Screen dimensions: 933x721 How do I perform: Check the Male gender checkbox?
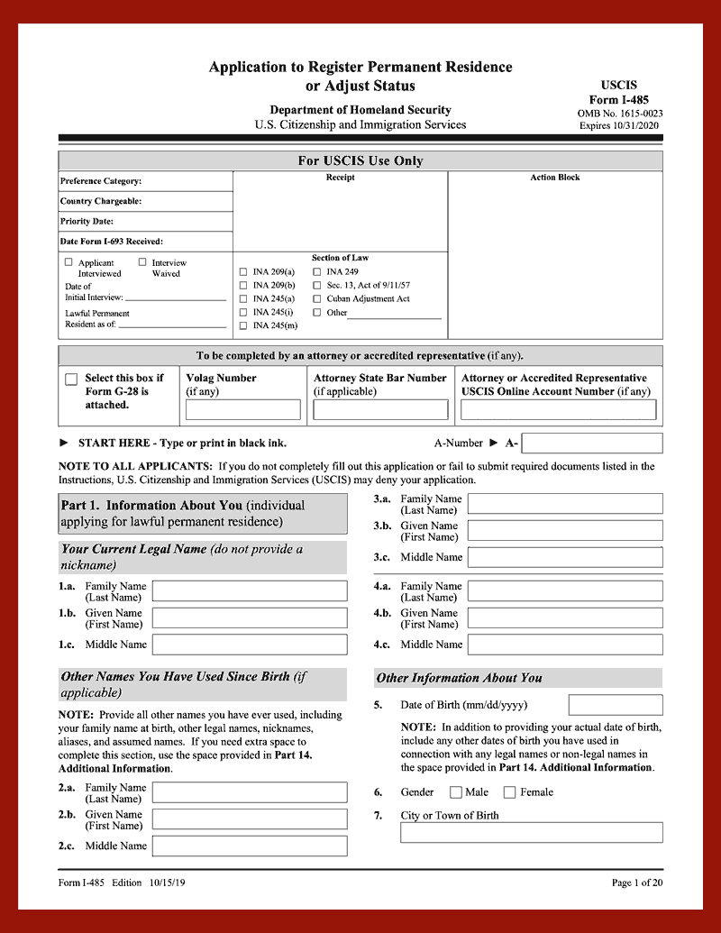coord(457,792)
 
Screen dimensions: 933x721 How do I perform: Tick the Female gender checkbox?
coord(509,792)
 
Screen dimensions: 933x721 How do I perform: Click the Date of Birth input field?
coord(616,705)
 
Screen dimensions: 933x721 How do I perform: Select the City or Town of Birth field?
coord(531,832)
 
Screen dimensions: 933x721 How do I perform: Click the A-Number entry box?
coord(591,444)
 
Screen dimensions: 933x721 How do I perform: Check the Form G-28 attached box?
coord(71,380)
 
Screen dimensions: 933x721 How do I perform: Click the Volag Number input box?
coord(242,410)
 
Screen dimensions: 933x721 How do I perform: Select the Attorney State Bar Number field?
coord(380,410)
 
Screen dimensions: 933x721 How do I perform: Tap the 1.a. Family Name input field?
coord(250,591)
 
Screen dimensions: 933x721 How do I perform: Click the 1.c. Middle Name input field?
coord(250,645)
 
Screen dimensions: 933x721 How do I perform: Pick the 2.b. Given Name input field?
coord(250,819)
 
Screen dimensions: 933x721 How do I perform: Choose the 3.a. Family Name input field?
coord(565,504)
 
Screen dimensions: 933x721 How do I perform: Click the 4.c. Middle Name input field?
coord(565,645)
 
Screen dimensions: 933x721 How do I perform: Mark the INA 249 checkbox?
coord(317,271)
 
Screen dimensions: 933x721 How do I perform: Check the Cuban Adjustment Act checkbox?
coord(317,298)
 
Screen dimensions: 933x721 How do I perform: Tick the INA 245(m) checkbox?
coord(243,325)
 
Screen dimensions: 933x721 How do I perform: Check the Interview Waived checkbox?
coord(142,262)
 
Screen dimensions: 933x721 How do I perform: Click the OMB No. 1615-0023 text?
coord(620,114)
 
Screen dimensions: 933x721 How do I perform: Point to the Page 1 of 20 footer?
coord(636,883)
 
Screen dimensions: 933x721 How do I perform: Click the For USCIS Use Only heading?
coord(360,161)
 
